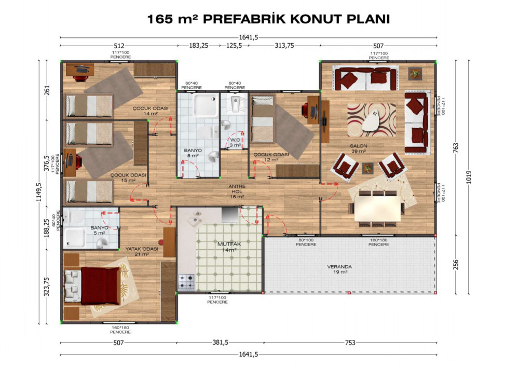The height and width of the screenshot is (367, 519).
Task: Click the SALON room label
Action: click(x=359, y=146)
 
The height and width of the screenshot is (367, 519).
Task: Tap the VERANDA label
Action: click(x=339, y=267)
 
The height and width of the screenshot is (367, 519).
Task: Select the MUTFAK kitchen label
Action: click(x=229, y=244)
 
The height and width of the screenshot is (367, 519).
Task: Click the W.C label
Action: click(x=235, y=140)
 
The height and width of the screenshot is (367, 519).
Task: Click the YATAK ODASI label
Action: click(x=142, y=249)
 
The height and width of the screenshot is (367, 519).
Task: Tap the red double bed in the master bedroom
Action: click(x=100, y=286)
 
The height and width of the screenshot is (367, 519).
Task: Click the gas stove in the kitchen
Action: click(x=186, y=282)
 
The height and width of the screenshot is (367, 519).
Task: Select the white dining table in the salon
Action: click(x=377, y=209)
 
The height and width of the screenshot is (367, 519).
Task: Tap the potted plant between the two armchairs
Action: click(x=367, y=168)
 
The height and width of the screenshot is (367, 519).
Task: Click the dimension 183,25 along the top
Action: click(x=199, y=46)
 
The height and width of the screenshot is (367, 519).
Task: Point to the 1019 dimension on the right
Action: click(x=468, y=177)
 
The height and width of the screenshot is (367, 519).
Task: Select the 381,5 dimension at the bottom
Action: click(x=221, y=343)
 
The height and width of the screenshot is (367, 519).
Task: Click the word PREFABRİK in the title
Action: click(x=244, y=19)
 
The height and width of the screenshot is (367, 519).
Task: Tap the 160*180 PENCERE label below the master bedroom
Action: click(x=120, y=330)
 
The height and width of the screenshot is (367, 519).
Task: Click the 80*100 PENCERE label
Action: click(x=306, y=242)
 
